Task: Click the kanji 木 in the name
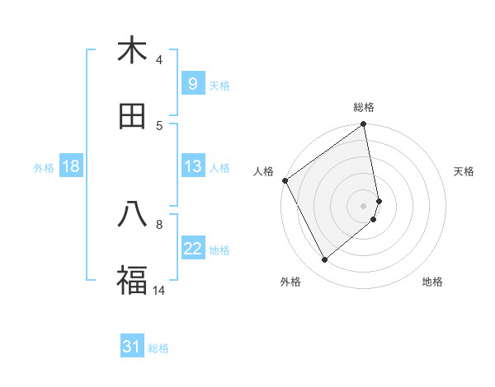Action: pos(132,51)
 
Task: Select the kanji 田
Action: pos(132,116)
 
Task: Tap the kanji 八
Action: pos(132,214)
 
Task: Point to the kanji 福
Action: pos(132,280)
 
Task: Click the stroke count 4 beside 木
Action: pos(159,60)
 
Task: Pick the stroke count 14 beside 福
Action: pos(159,290)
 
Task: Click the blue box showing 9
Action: pos(192,83)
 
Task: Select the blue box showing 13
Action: pos(192,166)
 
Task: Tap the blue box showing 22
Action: pos(192,249)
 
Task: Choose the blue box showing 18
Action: pos(70,166)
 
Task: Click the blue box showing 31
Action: pos(131,347)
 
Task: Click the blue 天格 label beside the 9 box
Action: pos(219,85)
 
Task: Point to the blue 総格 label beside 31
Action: pos(158,348)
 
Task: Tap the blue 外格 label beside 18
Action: pos(44,168)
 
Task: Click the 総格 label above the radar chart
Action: pos(364,107)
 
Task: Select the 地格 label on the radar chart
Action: pos(432,282)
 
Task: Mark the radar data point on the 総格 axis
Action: pos(364,125)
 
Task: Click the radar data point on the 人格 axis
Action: pos(285,180)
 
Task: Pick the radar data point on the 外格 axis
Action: pos(324,260)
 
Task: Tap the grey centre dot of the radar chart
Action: pos(364,205)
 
